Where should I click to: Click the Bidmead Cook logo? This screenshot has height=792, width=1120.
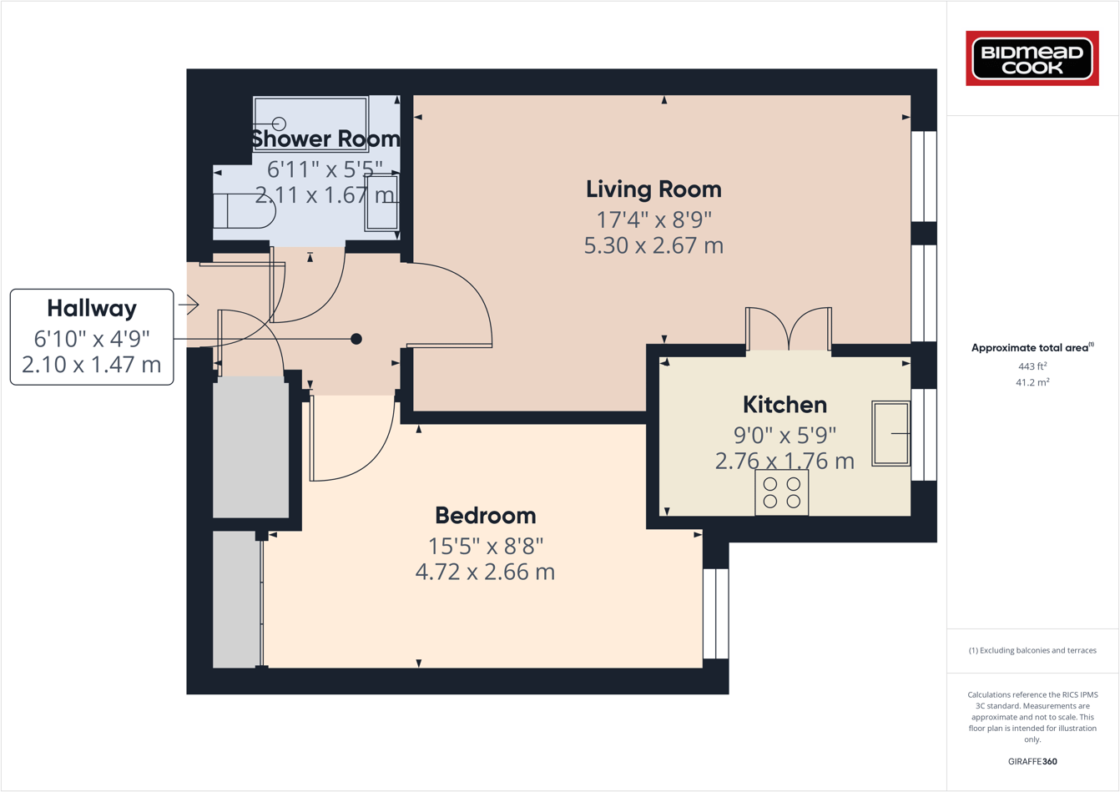[x=1032, y=58]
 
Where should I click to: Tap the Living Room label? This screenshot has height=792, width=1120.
[x=653, y=189]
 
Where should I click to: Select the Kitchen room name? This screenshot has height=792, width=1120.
[x=785, y=405]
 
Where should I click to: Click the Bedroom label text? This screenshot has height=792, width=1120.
[x=485, y=516]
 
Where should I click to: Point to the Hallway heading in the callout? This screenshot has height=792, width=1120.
[x=92, y=309]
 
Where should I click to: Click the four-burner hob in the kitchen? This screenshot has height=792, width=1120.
[x=781, y=492]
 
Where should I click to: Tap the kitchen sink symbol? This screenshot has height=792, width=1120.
[x=890, y=433]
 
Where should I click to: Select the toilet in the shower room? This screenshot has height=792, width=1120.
[x=245, y=211]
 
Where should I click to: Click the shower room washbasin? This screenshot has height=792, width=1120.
[x=381, y=202]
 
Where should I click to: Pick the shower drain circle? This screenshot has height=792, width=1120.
[x=279, y=124]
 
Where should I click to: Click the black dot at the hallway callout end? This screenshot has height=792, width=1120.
[x=356, y=339]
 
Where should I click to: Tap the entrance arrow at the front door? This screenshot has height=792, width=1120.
[x=189, y=305]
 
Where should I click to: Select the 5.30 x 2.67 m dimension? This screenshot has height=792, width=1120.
[x=653, y=246]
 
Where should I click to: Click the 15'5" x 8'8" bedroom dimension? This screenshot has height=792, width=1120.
[x=485, y=547]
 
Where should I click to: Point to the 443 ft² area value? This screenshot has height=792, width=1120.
[x=1032, y=366]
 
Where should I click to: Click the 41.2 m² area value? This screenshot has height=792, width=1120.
[x=1032, y=382]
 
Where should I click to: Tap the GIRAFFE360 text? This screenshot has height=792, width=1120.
[x=1032, y=761]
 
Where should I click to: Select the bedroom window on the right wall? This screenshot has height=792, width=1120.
[x=715, y=613]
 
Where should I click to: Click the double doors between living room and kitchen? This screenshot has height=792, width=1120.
[x=789, y=330]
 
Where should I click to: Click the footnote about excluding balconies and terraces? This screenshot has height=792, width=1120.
[x=1032, y=650]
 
